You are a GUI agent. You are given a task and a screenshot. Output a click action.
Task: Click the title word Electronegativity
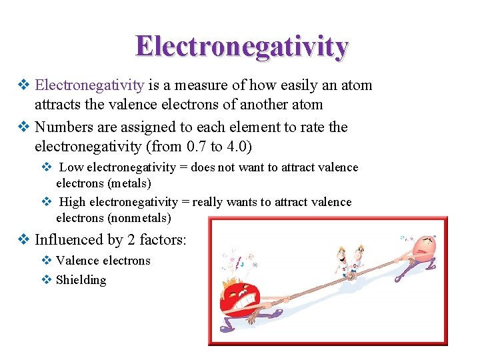pos(241,47)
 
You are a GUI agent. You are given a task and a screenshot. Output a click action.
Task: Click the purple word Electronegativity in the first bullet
pos(89,85)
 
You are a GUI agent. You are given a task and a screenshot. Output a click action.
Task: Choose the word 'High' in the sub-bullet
pos(73,202)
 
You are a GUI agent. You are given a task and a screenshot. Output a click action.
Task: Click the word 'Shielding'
pos(81,280)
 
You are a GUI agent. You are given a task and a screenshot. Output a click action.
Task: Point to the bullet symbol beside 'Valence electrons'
pos(47,261)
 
